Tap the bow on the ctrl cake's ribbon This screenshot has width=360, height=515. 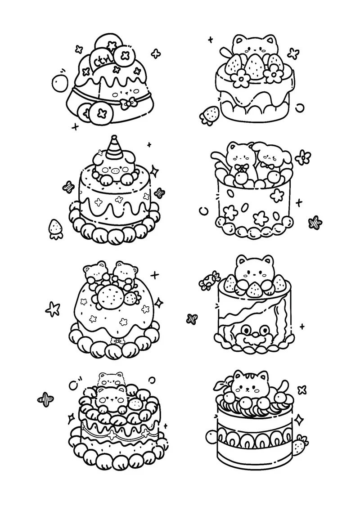(128, 103)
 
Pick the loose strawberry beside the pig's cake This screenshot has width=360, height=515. (56, 227)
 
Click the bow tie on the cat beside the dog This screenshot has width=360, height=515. (241, 168)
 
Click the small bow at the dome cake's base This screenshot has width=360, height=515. (117, 341)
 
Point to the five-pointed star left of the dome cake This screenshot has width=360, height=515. (53, 309)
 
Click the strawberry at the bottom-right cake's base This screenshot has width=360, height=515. (300, 445)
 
